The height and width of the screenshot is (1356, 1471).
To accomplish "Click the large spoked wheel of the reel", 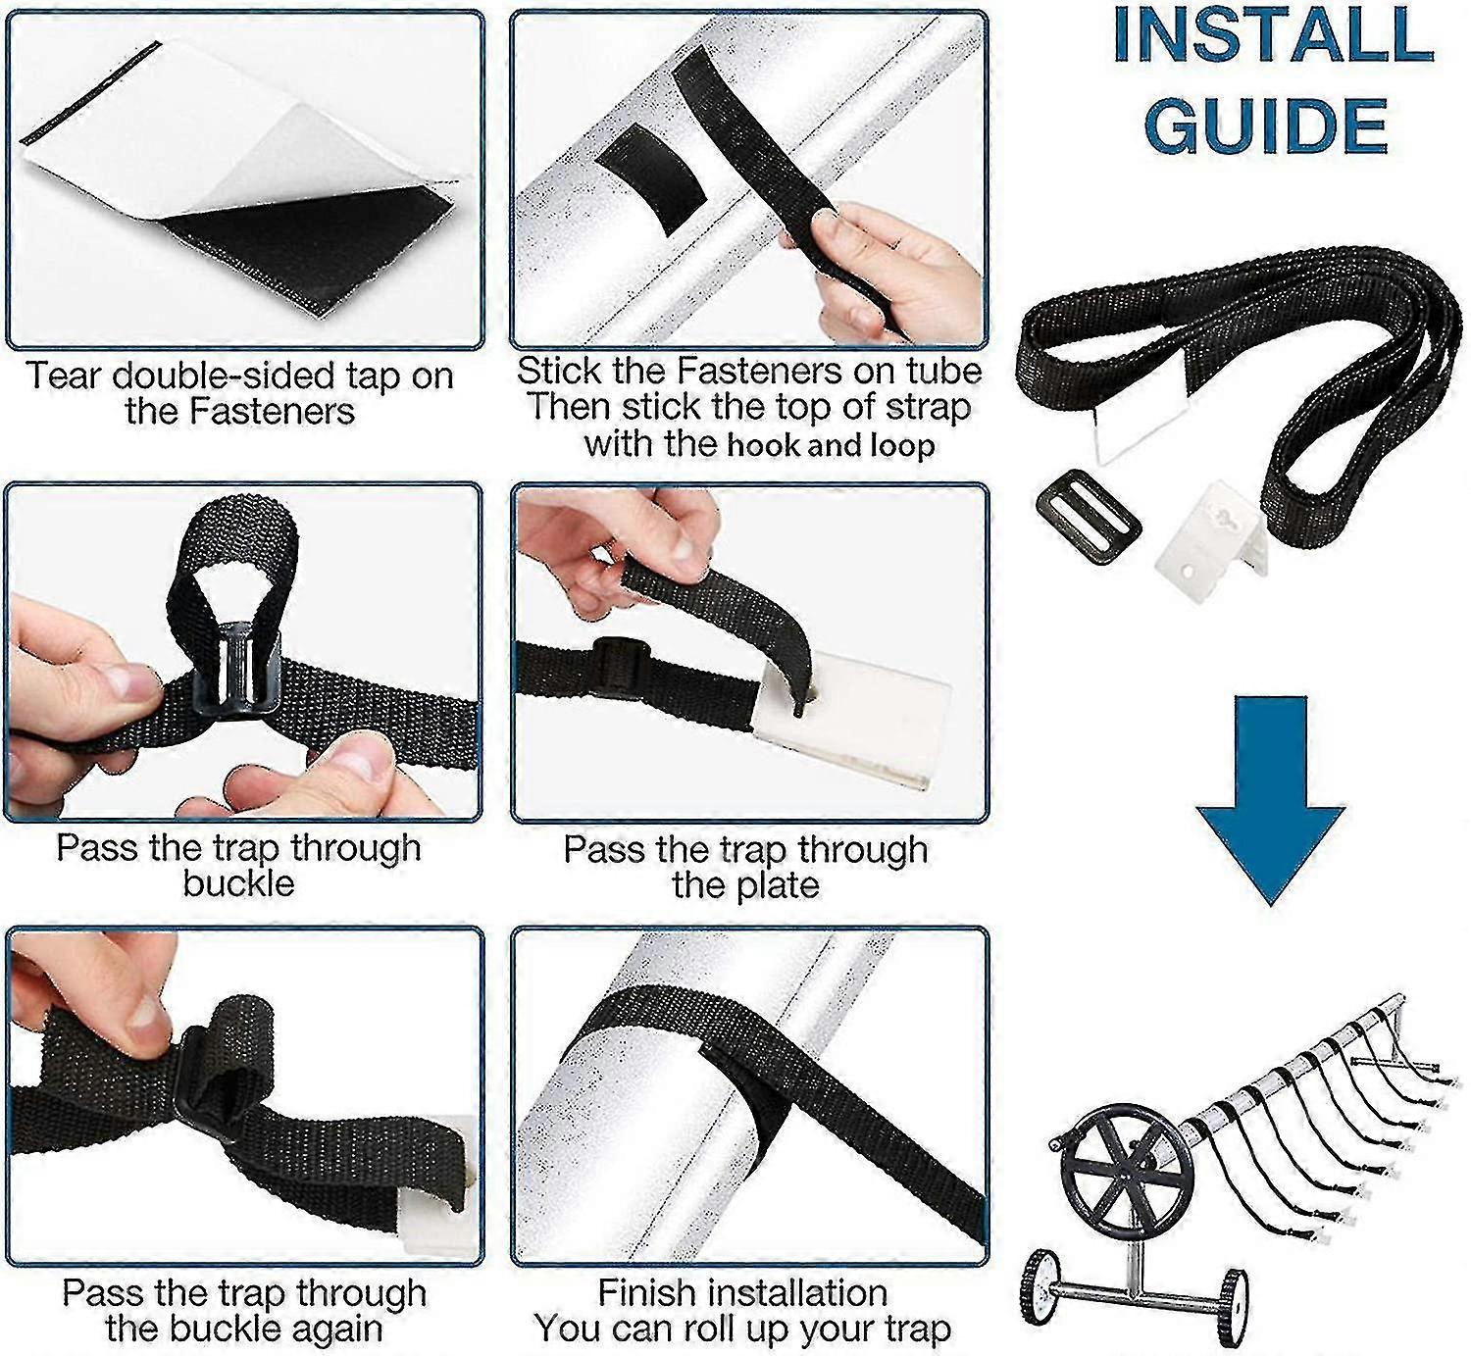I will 1127,1166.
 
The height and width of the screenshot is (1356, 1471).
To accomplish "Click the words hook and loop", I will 830,445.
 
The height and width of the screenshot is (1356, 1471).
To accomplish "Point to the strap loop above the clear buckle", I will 235,549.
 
